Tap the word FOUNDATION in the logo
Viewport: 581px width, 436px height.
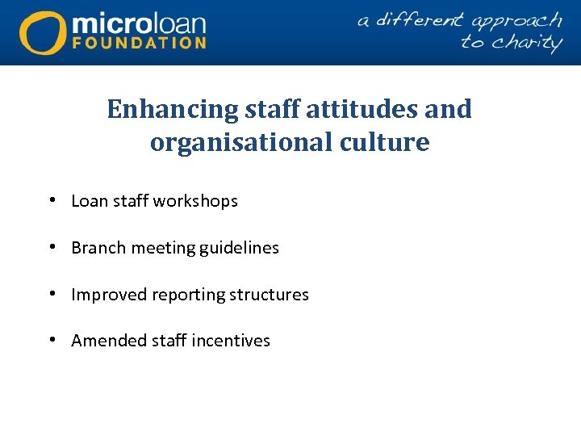point(140,43)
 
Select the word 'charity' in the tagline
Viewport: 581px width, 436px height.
point(523,42)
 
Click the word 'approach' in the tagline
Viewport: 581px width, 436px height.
point(516,21)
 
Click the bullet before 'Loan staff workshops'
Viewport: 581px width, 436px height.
point(52,200)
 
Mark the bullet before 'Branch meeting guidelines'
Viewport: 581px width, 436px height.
point(52,247)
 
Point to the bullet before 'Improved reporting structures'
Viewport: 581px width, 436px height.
point(52,294)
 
